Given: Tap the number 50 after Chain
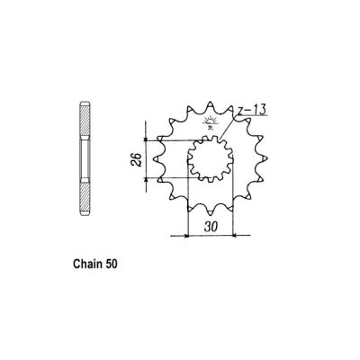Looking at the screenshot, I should click(x=109, y=266).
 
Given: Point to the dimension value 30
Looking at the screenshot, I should click(x=209, y=227).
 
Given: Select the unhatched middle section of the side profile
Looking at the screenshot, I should click(x=83, y=162).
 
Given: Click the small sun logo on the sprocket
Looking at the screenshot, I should click(x=211, y=122).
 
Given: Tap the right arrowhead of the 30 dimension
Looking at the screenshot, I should click(x=231, y=236).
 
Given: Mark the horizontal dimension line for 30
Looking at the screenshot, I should click(x=209, y=236).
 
